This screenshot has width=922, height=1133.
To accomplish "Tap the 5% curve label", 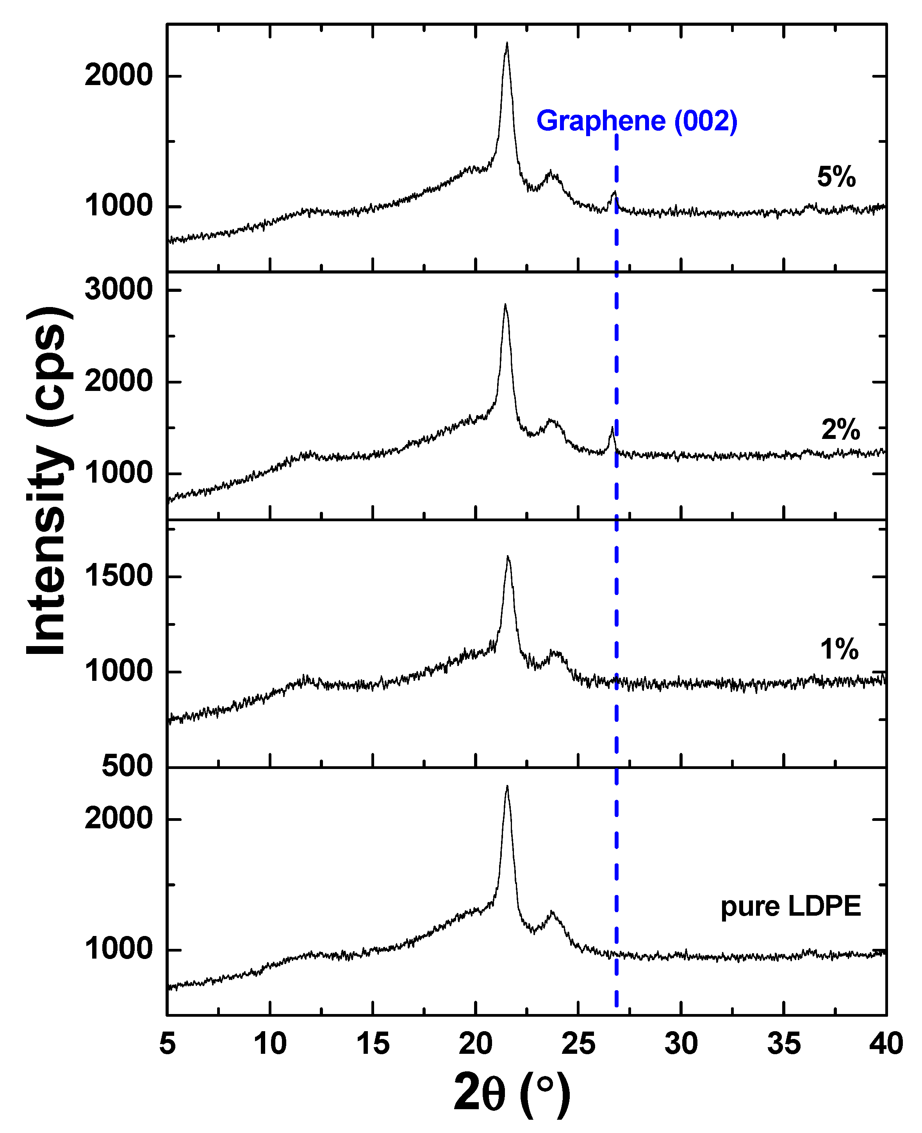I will (836, 177).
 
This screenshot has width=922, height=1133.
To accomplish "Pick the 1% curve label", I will (839, 649).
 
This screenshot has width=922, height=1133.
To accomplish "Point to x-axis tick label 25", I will (578, 1044).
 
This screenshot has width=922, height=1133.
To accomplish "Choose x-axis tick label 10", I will (270, 1044).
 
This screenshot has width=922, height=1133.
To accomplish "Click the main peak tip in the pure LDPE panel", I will (506, 787).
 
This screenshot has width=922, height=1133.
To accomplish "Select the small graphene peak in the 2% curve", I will (612, 428).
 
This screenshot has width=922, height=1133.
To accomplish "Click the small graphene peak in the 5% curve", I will (614, 192).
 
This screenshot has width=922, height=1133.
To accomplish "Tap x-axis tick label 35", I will (783, 1044).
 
